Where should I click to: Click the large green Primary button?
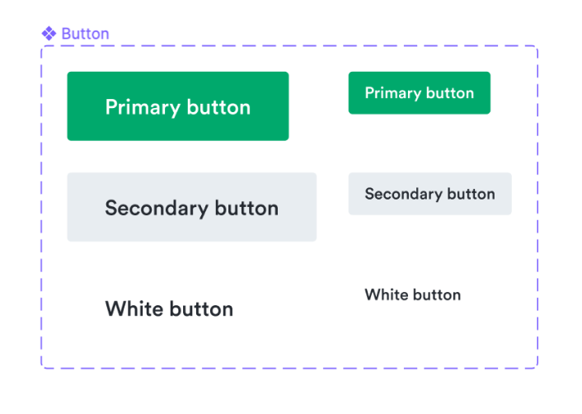[x=178, y=106]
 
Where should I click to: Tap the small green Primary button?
[x=420, y=93]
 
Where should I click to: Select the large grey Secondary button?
[x=192, y=207]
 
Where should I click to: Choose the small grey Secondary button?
[x=430, y=194]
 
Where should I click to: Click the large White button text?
[x=169, y=309]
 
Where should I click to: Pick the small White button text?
[x=413, y=294]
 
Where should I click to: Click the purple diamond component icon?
[x=49, y=34]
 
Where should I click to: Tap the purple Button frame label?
[x=86, y=34]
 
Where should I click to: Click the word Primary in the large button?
[x=143, y=108]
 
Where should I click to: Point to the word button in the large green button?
[x=218, y=107]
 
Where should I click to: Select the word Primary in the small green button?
[x=392, y=93]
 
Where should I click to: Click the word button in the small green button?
[x=450, y=93]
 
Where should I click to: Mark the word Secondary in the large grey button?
[x=157, y=209]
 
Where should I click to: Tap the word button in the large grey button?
[x=246, y=208]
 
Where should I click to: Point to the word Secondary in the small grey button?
[x=403, y=194]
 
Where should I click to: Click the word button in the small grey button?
[x=471, y=194]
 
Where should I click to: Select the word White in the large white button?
[x=134, y=309]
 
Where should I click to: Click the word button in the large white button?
[x=201, y=309]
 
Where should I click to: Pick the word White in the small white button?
[x=387, y=294]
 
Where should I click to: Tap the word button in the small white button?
[x=437, y=294]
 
